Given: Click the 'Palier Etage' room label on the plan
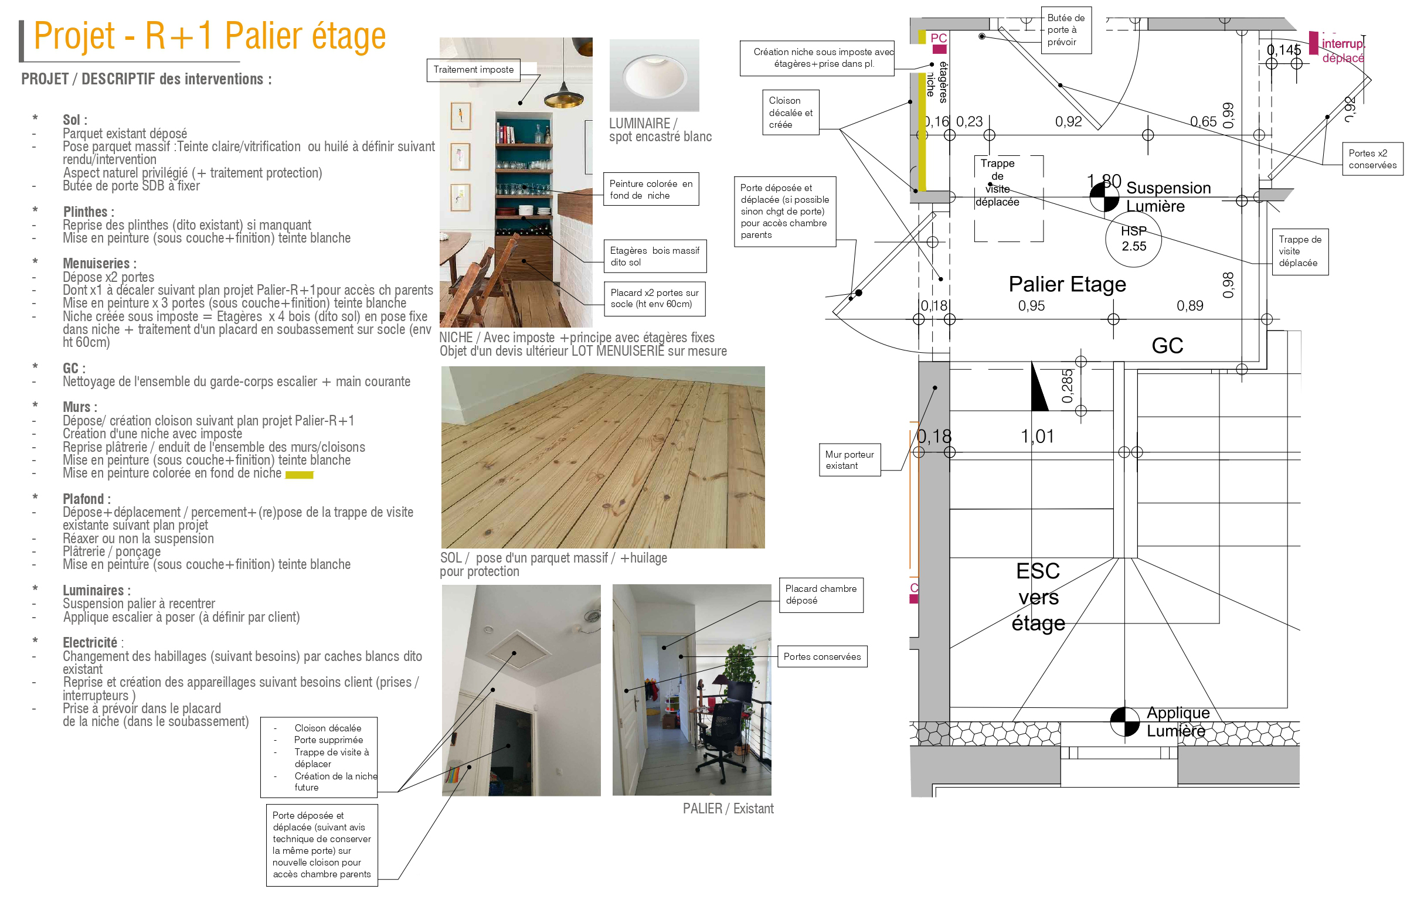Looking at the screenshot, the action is click(1066, 284).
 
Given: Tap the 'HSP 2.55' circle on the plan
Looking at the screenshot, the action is click(1133, 239).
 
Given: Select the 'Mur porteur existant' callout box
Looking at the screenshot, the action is click(849, 460).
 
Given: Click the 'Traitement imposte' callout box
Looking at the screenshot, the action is click(473, 70).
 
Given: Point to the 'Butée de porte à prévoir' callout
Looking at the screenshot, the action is click(1065, 30).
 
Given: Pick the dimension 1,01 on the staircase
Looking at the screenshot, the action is click(1037, 437).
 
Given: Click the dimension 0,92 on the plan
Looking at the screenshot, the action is click(1068, 122).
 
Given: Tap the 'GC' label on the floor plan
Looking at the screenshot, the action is click(1167, 346).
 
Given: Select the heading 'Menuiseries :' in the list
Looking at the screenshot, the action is click(99, 264).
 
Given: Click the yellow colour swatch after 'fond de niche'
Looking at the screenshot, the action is click(299, 475).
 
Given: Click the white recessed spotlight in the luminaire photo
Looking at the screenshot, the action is click(654, 76).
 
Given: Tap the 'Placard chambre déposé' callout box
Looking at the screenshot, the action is click(821, 594).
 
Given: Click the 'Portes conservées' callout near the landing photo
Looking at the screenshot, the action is click(822, 656).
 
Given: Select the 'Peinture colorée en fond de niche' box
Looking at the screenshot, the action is click(650, 189).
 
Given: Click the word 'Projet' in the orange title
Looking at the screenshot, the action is click(74, 37).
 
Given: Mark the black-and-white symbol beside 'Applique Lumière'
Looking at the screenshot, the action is click(1124, 721).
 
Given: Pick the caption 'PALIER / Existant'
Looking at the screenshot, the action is click(728, 809).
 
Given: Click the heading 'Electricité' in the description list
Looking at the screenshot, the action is click(90, 642).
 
